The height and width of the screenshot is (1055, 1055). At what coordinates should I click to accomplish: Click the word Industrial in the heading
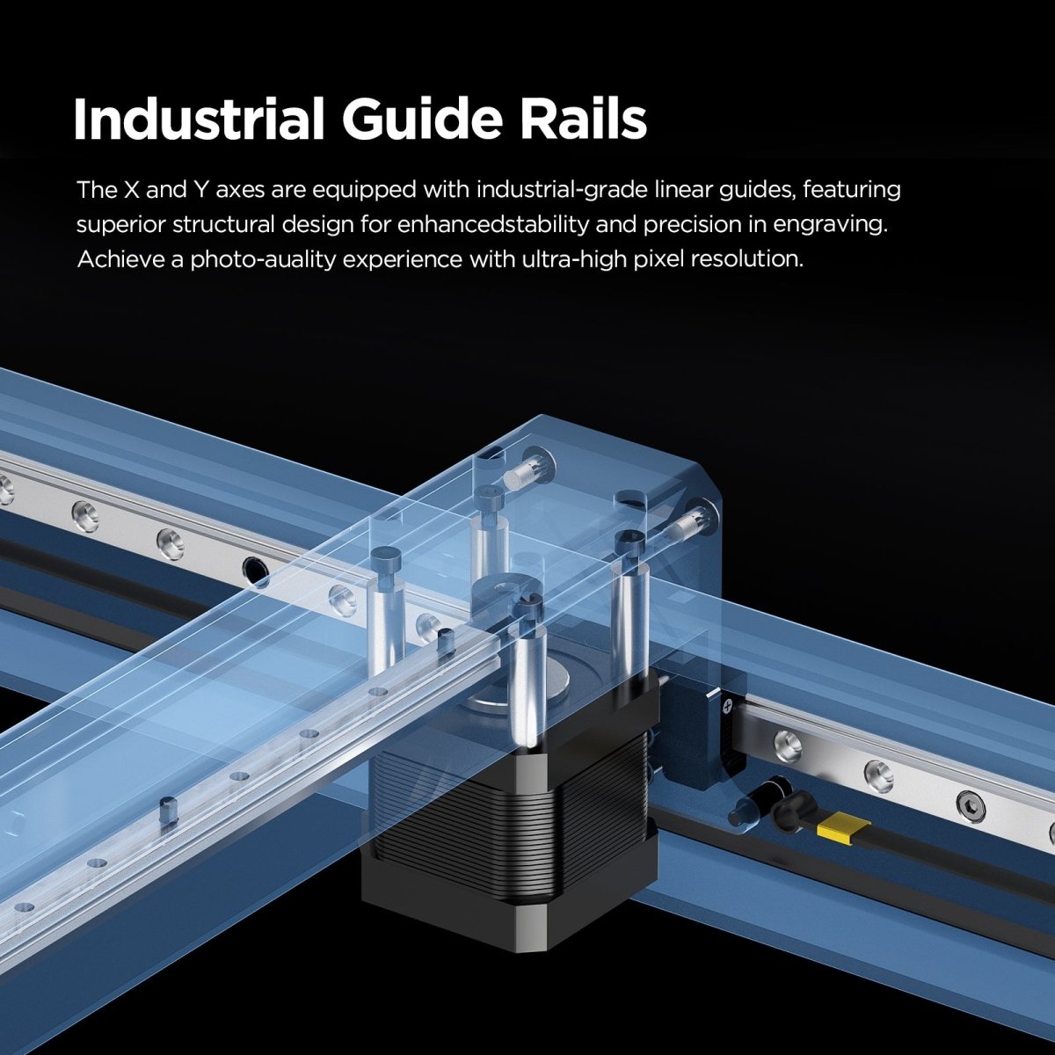199,120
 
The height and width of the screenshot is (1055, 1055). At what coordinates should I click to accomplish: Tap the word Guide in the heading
422,120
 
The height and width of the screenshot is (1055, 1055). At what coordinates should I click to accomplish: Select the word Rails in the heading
583,120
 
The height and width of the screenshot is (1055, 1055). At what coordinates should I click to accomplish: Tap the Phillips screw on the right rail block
728,704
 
